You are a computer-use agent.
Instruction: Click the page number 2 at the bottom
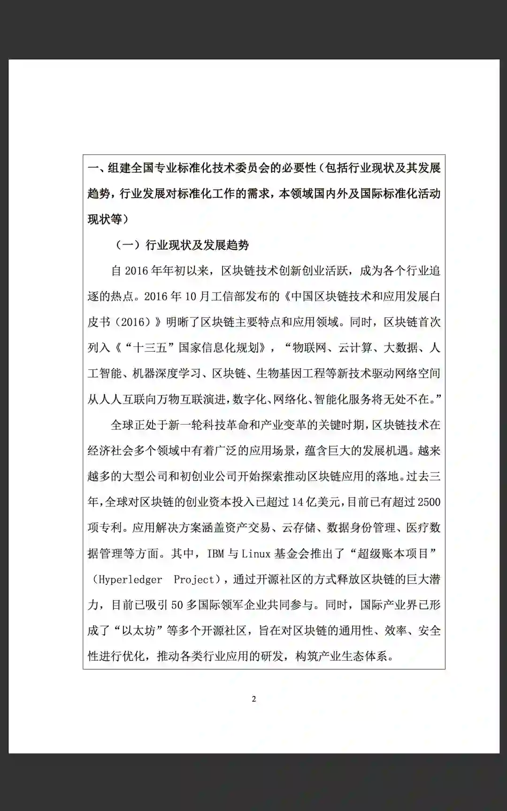click(x=254, y=699)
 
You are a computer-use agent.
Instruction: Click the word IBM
click(x=215, y=554)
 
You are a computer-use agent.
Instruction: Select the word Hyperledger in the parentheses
click(x=131, y=580)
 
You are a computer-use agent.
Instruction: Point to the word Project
click(x=194, y=580)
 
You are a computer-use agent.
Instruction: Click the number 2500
click(x=429, y=502)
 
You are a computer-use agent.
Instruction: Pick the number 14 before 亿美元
click(x=298, y=502)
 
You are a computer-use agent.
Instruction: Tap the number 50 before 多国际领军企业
click(x=177, y=605)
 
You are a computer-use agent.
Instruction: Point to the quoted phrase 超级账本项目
click(x=393, y=554)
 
